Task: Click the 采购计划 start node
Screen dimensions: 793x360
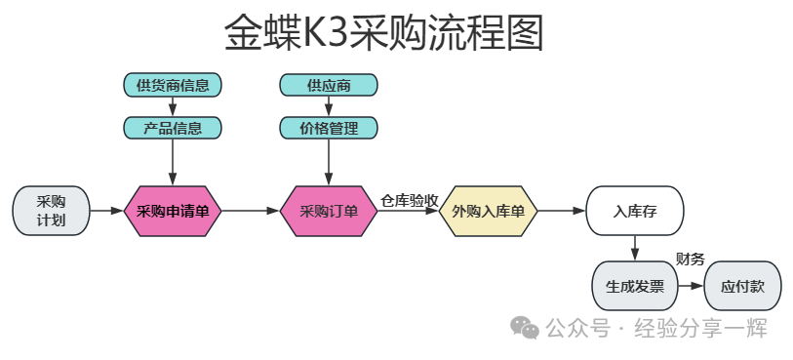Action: tap(51, 211)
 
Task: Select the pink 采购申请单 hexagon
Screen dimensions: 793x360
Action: tap(173, 211)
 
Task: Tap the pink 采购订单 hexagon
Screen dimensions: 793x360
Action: tap(329, 211)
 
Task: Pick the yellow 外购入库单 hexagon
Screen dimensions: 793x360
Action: tap(488, 211)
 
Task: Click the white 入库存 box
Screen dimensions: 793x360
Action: tap(635, 211)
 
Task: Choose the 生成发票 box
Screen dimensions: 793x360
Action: tap(635, 286)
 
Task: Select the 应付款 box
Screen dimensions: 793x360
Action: tap(743, 286)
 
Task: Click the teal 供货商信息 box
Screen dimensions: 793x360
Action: tap(173, 85)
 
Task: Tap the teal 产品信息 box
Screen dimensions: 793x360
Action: tap(173, 128)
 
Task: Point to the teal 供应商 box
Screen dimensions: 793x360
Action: tap(329, 85)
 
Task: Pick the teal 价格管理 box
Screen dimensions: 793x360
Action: tap(329, 128)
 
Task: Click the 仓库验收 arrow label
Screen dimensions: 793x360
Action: tap(409, 201)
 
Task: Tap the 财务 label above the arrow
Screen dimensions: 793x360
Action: tap(691, 260)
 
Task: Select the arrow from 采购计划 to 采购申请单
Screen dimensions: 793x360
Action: tap(106, 211)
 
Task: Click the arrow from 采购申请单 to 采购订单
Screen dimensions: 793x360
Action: tap(251, 211)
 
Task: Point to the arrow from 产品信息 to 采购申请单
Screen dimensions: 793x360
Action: tap(173, 162)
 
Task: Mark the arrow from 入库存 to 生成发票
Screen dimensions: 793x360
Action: tap(635, 248)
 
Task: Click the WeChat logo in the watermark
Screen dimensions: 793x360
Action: tap(525, 328)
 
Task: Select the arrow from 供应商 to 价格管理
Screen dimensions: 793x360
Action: tap(329, 106)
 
